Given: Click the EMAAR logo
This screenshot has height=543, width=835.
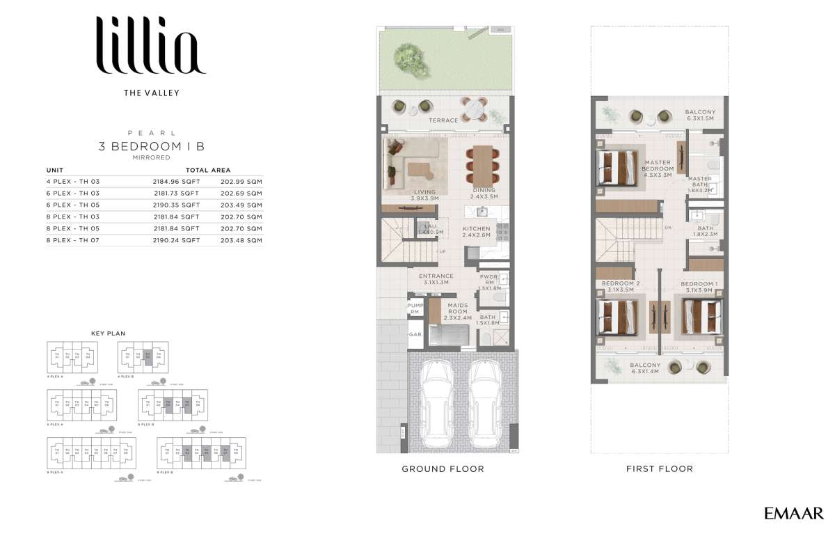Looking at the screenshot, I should click(x=793, y=514).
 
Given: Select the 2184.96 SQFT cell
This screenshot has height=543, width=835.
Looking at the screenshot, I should click(x=176, y=181).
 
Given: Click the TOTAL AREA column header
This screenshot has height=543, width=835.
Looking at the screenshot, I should click(x=208, y=170).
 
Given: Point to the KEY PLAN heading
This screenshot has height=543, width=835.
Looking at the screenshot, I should click(x=108, y=333).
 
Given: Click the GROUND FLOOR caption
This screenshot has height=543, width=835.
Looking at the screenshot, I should click(x=443, y=469).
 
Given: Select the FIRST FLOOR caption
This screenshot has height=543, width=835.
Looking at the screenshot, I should click(x=659, y=469).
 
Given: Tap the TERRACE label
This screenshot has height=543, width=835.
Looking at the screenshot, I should click(x=443, y=120).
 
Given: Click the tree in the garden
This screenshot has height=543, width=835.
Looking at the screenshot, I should click(x=408, y=55).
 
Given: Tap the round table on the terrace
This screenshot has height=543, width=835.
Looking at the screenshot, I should click(x=475, y=109).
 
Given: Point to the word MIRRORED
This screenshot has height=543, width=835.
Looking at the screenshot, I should click(x=151, y=158).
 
